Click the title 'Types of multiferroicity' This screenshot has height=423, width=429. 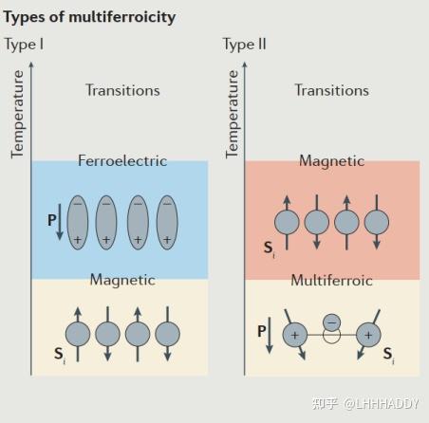[89, 18]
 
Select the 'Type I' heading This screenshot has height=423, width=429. [24, 45]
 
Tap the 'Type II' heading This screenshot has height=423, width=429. [244, 45]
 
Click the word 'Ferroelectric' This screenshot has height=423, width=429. [122, 160]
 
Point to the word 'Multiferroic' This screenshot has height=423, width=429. [331, 281]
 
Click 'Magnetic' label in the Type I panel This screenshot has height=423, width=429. [122, 280]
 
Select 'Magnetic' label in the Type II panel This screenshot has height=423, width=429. [331, 161]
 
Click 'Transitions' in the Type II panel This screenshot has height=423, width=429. [332, 90]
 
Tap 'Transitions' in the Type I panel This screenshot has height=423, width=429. [122, 90]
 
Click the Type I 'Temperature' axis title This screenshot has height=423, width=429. [17, 114]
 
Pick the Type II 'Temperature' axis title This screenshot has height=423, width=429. [232, 114]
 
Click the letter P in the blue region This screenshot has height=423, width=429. [52, 220]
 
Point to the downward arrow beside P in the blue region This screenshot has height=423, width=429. [60, 222]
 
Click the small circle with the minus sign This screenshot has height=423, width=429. [331, 322]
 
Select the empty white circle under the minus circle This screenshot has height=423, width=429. [331, 337]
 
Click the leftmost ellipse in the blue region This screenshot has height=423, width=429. [78, 223]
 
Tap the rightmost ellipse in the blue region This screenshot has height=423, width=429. [167, 223]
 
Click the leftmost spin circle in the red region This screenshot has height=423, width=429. [287, 222]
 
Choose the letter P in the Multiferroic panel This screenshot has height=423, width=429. [262, 331]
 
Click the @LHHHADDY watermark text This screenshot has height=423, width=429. [382, 404]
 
